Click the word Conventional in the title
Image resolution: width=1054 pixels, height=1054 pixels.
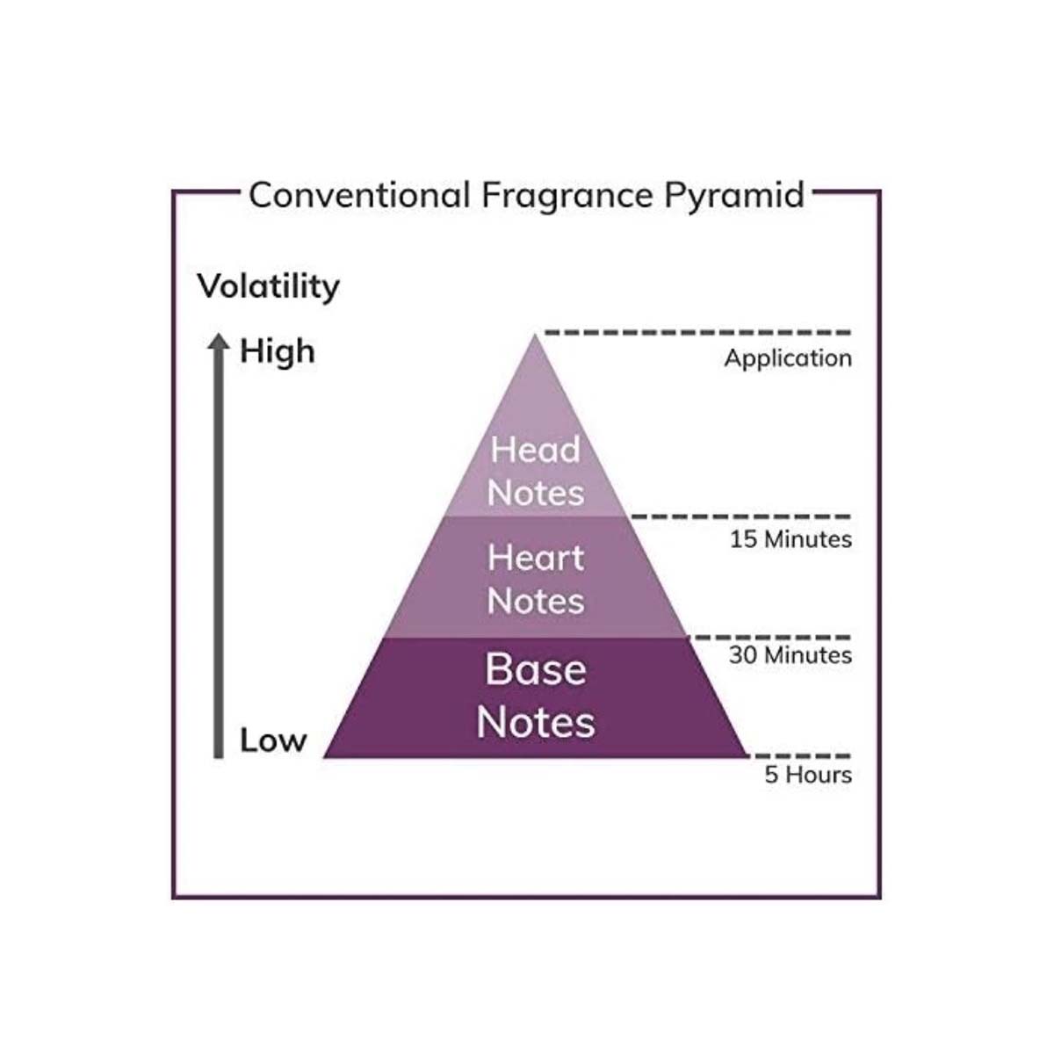tap(359, 195)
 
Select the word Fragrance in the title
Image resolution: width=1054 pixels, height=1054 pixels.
tap(567, 195)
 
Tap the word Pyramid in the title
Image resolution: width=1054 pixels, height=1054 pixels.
tap(734, 195)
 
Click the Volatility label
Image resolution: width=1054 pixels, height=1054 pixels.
tap(268, 287)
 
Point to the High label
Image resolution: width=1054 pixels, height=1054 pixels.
tap(277, 351)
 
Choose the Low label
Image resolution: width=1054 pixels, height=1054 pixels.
tap(273, 740)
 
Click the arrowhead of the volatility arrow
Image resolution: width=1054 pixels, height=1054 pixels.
tap(219, 343)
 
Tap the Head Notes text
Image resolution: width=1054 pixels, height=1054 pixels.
tap(536, 471)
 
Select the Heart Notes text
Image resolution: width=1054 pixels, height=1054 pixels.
tap(536, 580)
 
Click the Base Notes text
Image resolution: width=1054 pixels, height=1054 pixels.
tap(536, 696)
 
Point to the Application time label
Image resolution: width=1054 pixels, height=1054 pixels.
tap(788, 358)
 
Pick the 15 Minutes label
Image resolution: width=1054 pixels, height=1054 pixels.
tap(790, 539)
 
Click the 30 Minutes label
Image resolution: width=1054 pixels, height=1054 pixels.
tap(790, 655)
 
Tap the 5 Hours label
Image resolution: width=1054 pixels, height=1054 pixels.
tap(808, 775)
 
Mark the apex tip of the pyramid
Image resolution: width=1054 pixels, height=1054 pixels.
tap(535, 336)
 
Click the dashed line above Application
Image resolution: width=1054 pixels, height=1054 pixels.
tap(698, 332)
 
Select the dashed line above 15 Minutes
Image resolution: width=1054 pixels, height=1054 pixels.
tap(740, 516)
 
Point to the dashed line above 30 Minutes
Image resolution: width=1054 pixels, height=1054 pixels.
tap(769, 637)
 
